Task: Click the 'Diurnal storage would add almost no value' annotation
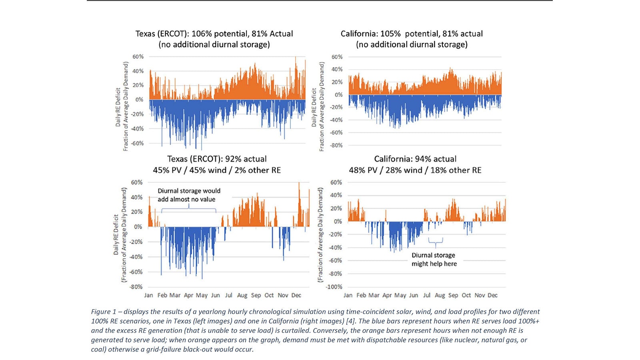point(188,195)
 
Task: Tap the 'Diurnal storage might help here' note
point(434,259)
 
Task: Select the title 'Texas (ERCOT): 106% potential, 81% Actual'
point(214,34)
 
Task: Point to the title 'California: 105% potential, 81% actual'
point(412,34)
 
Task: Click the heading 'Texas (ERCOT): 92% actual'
point(217,159)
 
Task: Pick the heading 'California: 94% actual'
point(415,159)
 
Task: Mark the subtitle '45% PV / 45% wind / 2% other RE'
point(217,170)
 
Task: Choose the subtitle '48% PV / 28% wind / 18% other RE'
point(415,170)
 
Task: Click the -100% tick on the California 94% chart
point(335,287)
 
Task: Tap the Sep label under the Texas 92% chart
point(256,295)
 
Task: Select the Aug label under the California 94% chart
point(440,295)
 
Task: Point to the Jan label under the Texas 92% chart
point(148,295)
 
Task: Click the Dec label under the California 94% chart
point(493,295)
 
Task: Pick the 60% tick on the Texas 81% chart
point(138,57)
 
